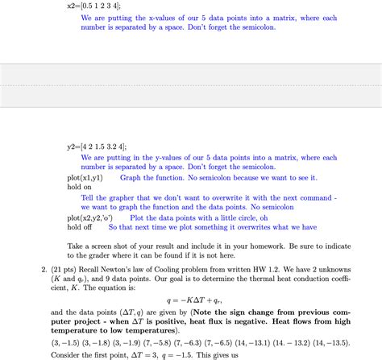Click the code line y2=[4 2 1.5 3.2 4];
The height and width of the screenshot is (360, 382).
point(97,147)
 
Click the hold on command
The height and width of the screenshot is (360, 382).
point(80,187)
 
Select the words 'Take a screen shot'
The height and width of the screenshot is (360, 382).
point(102,245)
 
